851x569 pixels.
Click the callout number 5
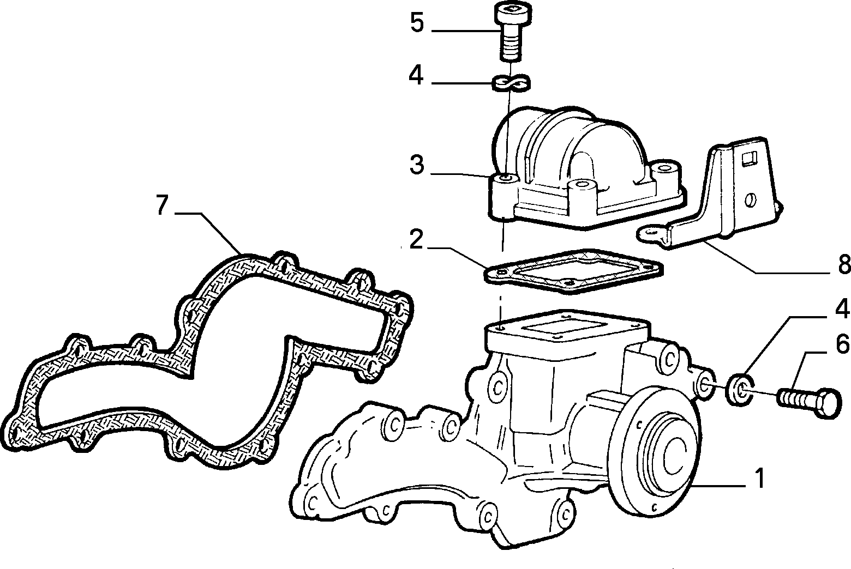pyautogui.click(x=417, y=23)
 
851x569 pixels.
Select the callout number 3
pyautogui.click(x=417, y=165)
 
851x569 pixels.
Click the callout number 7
pyautogui.click(x=162, y=204)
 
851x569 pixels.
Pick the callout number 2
pyautogui.click(x=416, y=239)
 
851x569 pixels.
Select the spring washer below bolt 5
pyautogui.click(x=511, y=83)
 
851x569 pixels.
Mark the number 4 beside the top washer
pyautogui.click(x=416, y=76)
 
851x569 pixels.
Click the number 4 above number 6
pyautogui.click(x=842, y=308)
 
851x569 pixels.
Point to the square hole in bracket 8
pyautogui.click(x=748, y=159)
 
